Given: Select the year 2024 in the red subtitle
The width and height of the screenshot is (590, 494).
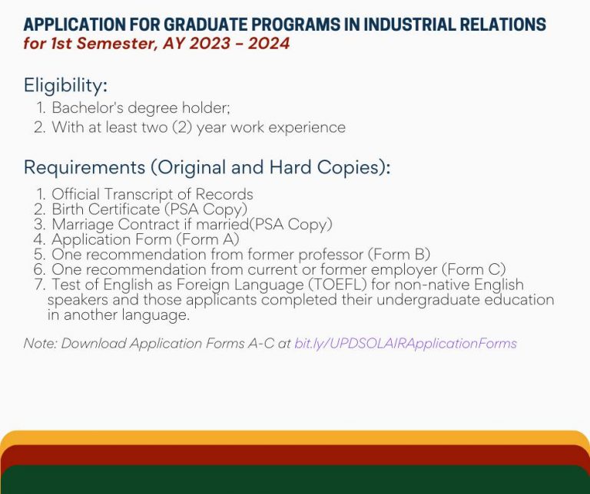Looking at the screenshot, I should (x=268, y=44).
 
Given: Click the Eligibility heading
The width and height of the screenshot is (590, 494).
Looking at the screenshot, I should (x=65, y=84).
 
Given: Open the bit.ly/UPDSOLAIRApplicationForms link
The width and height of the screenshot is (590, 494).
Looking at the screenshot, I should (x=406, y=344).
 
